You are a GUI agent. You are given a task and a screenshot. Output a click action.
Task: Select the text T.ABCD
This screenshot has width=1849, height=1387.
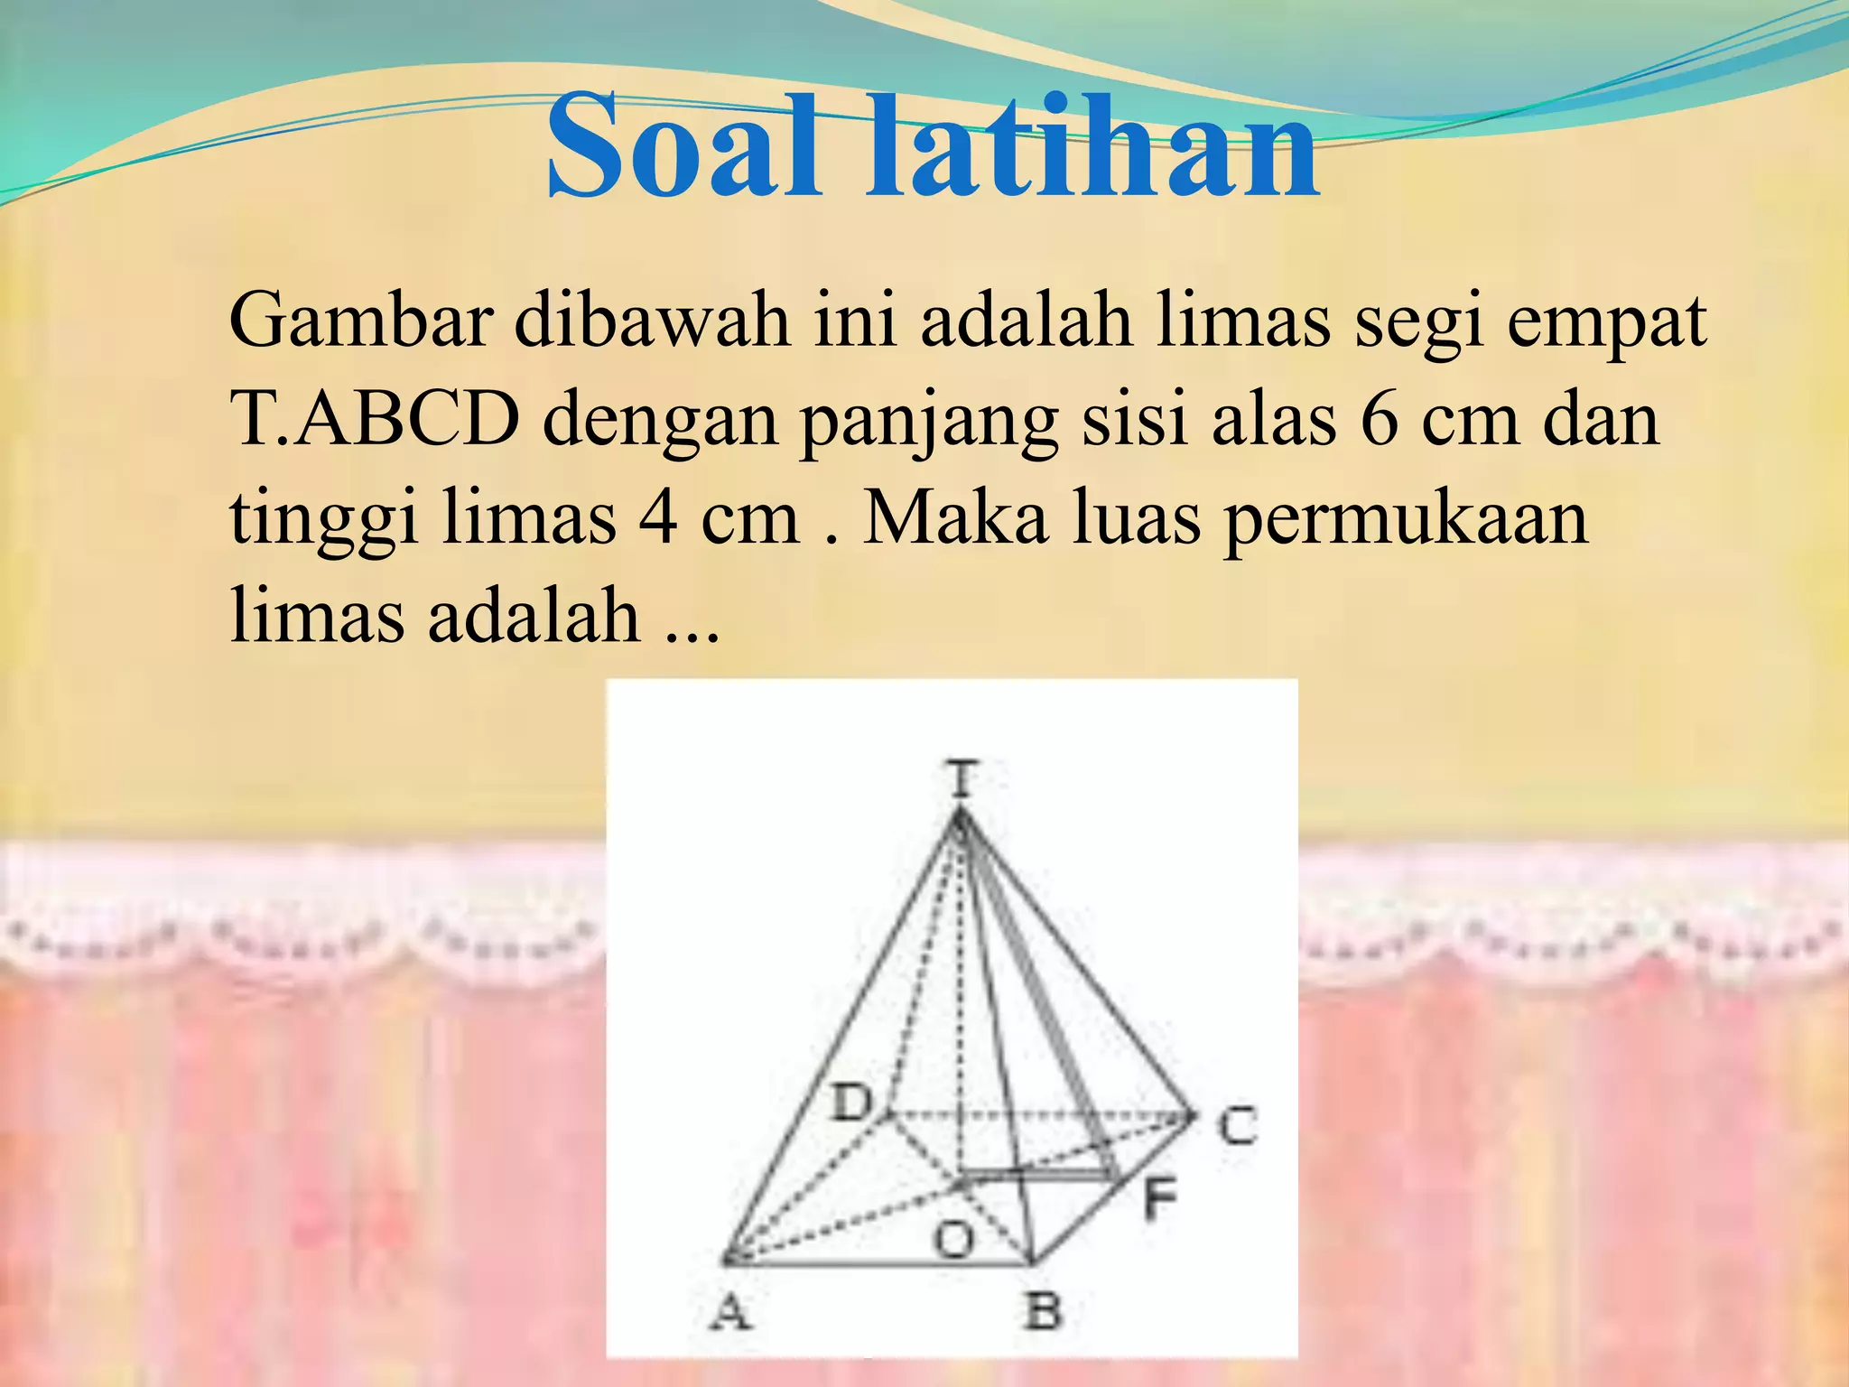pos(375,420)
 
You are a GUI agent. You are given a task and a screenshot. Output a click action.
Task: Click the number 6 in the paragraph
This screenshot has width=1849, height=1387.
pos(1379,420)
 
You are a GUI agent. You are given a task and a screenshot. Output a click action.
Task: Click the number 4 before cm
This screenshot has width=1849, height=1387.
pos(657,519)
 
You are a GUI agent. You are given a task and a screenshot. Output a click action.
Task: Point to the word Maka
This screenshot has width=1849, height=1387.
pos(955,519)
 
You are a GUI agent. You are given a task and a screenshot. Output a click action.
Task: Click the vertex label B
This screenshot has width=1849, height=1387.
pos(1043,1310)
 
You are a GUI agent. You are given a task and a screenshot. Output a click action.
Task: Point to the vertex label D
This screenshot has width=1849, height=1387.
pos(851,1103)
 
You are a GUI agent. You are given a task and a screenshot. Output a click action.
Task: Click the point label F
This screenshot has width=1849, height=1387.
pos(1160,1200)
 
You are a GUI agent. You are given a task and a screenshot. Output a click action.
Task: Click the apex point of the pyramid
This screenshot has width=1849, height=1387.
pos(960,814)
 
